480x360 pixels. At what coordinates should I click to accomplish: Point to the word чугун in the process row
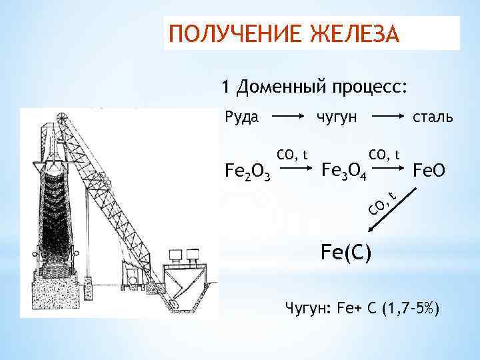337,117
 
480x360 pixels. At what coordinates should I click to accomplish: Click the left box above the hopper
177,255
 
